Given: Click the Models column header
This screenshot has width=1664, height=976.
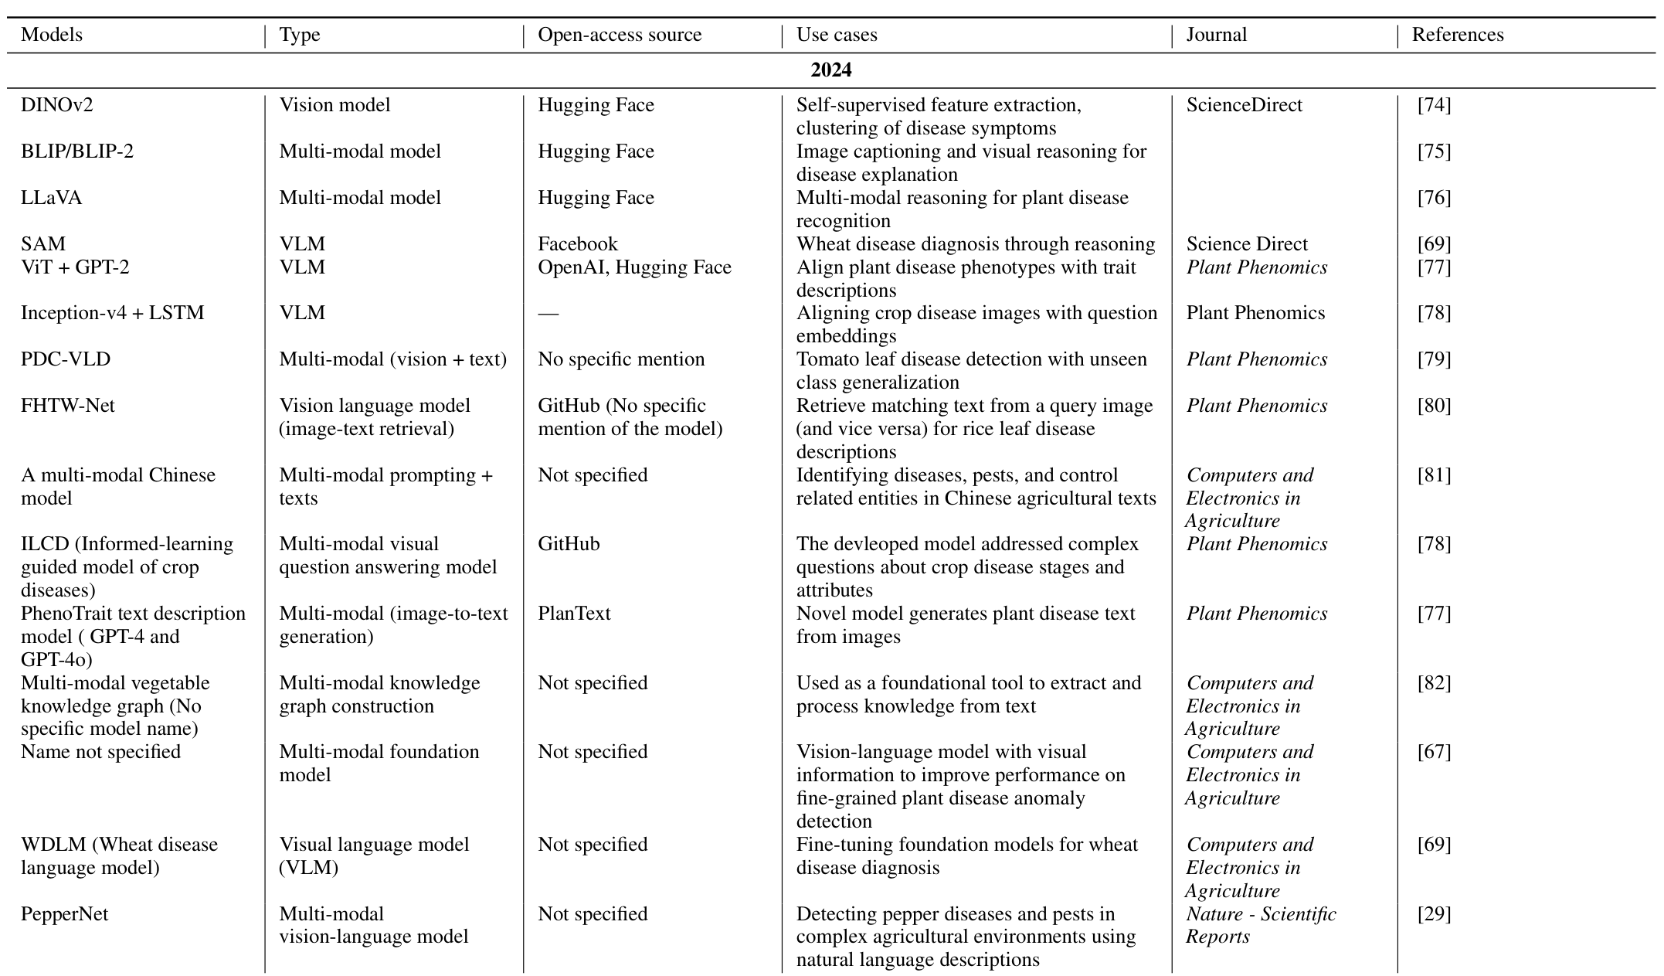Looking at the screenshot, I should (x=52, y=35).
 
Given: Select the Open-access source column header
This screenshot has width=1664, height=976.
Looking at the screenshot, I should (x=620, y=35).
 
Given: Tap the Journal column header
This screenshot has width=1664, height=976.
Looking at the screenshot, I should (x=1217, y=35).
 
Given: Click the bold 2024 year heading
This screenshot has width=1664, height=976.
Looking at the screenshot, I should (x=831, y=70).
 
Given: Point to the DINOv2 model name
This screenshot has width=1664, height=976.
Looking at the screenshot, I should (x=57, y=105).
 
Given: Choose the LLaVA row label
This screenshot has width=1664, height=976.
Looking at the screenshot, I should (x=52, y=198).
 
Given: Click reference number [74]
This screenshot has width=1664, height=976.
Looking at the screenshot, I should (x=1435, y=105).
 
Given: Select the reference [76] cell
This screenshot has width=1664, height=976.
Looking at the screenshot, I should (x=1435, y=198).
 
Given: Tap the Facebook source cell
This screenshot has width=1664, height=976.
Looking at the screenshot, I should (x=578, y=244).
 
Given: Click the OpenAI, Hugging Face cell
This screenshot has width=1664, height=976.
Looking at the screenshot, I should (x=634, y=267).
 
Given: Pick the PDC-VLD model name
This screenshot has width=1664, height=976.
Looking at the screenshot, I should (x=66, y=359).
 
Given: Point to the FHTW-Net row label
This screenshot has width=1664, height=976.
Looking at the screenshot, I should (x=68, y=406).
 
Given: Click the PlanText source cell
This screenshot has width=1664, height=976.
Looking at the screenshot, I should (x=574, y=614).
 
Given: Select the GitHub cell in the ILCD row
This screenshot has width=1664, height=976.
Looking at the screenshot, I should (x=569, y=544).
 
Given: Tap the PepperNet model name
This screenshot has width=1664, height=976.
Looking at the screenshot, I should (x=65, y=914).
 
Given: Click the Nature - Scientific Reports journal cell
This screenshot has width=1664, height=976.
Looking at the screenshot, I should (x=1261, y=925).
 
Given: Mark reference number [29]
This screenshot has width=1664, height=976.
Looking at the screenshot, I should (x=1435, y=914).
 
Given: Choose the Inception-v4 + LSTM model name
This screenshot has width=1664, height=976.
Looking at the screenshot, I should (x=113, y=313).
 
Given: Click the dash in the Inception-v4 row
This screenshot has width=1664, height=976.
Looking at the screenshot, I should (x=548, y=313).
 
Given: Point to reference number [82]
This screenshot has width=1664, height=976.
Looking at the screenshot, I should (x=1435, y=683).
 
